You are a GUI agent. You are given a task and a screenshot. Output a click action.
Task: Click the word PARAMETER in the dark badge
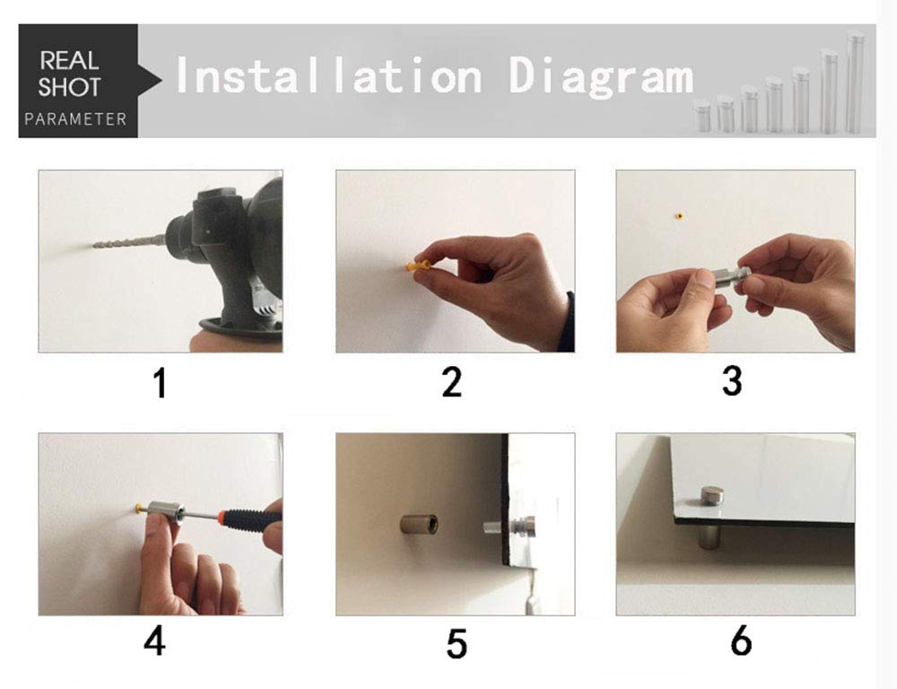point(75,119)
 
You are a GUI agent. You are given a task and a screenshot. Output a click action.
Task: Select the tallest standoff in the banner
point(855,82)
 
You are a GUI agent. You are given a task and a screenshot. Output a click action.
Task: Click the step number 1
point(161,383)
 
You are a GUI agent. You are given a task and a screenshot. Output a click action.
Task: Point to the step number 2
point(451,381)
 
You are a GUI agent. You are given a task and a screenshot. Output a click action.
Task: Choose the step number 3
point(732,380)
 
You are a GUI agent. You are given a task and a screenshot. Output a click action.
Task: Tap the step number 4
point(154,641)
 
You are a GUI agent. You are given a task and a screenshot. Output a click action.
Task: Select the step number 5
point(456,643)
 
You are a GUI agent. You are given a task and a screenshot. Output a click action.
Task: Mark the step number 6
point(741,641)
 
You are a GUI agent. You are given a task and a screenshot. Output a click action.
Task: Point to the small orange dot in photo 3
point(679,216)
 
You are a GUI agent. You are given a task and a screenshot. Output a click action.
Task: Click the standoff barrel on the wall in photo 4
point(165,512)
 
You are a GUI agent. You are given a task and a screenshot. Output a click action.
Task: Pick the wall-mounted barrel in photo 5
point(419,524)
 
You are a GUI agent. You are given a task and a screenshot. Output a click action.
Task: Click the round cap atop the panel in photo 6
point(712,497)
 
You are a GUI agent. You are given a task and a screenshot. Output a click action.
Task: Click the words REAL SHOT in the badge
point(70,74)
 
